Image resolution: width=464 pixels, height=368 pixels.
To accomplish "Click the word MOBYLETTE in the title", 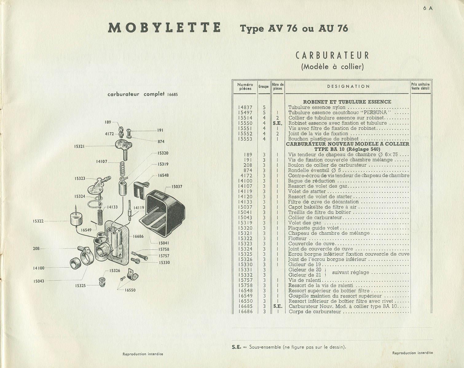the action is pyautogui.click(x=164, y=28).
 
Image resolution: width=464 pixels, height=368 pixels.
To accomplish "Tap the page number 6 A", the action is pyautogui.click(x=428, y=8).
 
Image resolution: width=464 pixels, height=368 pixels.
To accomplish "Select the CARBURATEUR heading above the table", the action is pyautogui.click(x=332, y=56).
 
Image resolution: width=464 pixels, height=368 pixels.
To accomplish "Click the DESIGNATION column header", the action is pyautogui.click(x=348, y=86).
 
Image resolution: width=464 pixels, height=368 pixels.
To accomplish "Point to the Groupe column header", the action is pyautogui.click(x=263, y=86).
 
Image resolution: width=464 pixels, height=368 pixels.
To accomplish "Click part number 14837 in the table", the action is pyautogui.click(x=245, y=107).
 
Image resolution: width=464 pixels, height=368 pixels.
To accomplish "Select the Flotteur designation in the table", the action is pyautogui.click(x=297, y=239).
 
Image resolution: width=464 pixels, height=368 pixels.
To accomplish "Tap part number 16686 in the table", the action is pyautogui.click(x=246, y=312).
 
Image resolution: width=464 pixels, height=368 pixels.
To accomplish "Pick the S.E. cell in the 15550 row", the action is pyautogui.click(x=277, y=123).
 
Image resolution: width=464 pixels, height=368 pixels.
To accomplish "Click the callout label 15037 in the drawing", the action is pyautogui.click(x=177, y=186).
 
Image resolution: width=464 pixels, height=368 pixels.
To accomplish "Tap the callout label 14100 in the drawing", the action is pyautogui.click(x=39, y=268).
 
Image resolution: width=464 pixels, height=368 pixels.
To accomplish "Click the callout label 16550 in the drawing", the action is pyautogui.click(x=130, y=290).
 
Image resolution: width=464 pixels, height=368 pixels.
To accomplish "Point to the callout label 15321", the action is pyautogui.click(x=79, y=146).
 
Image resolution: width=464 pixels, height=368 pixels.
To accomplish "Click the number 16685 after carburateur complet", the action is pyautogui.click(x=172, y=94).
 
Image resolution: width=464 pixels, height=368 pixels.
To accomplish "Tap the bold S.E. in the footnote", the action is pyautogui.click(x=237, y=347).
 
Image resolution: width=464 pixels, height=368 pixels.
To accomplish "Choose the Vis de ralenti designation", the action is pyautogui.click(x=305, y=280).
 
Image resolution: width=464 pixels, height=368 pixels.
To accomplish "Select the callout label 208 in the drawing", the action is pyautogui.click(x=36, y=249).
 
